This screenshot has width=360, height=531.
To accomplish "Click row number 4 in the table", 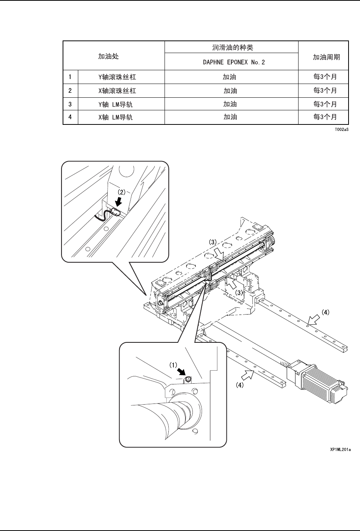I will [x=70, y=117].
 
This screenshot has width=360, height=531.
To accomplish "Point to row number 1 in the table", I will [x=70, y=77].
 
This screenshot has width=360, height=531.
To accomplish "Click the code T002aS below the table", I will [x=342, y=129].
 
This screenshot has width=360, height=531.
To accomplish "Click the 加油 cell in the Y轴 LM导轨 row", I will [x=230, y=104].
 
